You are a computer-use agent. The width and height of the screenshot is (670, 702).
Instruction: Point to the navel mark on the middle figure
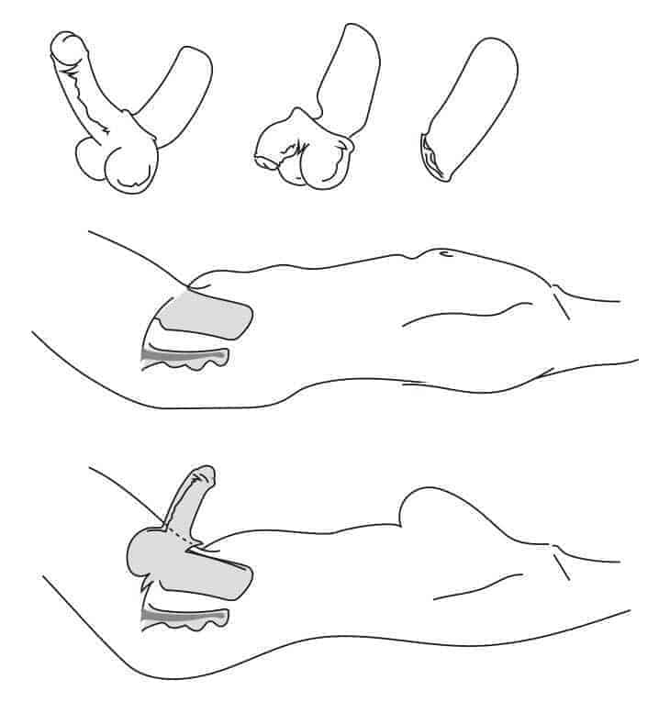(x=442, y=252)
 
